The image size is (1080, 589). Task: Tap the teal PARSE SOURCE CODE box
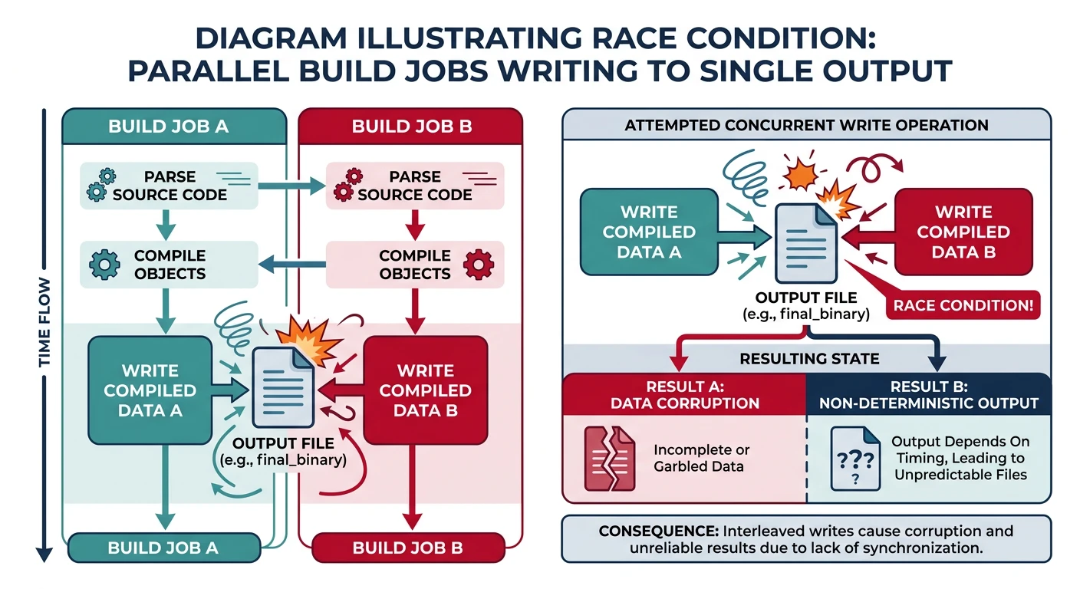[169, 186]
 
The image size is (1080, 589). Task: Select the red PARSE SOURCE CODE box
[414, 186]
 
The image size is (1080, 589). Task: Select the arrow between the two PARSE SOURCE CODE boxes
[292, 186]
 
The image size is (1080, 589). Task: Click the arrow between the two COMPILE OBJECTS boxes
[292, 265]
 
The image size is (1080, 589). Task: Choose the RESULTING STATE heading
[809, 359]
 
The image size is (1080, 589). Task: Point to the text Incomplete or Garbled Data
[701, 458]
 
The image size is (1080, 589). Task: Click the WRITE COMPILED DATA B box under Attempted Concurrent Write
[964, 232]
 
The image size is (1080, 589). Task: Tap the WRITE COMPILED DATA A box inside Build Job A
[150, 390]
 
